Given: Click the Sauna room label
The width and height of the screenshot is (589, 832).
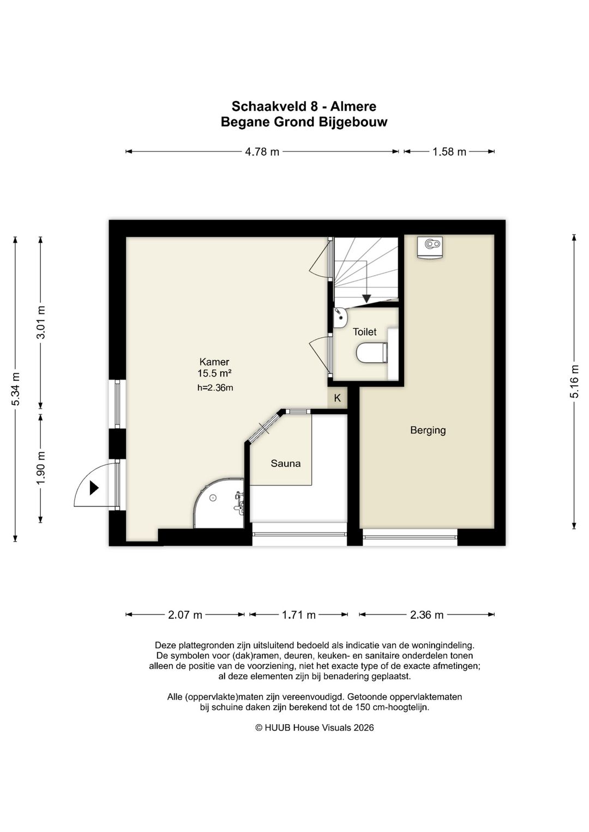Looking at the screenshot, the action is tap(285, 464).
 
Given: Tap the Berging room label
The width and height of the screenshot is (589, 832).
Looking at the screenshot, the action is tap(428, 430).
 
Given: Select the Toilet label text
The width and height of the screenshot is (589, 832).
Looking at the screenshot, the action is tap(364, 332).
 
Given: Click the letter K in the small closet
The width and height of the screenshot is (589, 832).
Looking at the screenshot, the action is tap(337, 398).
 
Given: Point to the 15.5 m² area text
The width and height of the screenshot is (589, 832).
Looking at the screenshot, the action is tap(215, 373).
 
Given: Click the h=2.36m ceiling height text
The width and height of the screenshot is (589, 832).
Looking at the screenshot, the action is tap(215, 388).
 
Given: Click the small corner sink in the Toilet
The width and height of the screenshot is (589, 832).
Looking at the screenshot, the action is tap(341, 318).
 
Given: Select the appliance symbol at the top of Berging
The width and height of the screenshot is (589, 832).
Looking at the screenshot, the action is tap(431, 246).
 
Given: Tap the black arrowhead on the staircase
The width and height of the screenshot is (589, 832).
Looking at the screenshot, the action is tap(366, 298).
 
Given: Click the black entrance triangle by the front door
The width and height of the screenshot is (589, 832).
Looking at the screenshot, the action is tap(94, 488).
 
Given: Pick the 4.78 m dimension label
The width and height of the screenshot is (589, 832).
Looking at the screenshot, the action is tap(262, 151).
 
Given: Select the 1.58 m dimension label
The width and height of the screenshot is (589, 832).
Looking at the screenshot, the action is tap(449, 151).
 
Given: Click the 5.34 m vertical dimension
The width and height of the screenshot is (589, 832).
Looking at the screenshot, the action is tap(16, 389).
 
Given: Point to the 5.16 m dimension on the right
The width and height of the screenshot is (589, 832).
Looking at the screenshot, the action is tap(574, 381).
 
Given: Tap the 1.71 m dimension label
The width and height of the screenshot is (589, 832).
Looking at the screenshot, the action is tap(299, 615).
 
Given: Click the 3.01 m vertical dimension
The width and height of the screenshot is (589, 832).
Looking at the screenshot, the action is tap(41, 322).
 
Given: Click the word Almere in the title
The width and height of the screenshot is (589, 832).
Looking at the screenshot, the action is tap(353, 107).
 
